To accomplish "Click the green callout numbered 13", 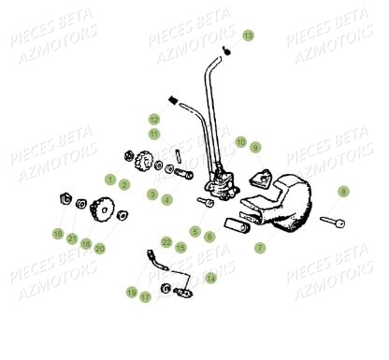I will (248, 36).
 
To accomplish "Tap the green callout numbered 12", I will (153, 120).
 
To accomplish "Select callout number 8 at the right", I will (343, 191).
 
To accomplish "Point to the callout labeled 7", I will (259, 249).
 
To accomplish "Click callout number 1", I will (109, 179).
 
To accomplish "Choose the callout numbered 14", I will (210, 278).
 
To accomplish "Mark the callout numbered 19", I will (131, 293).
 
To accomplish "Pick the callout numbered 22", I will (166, 242).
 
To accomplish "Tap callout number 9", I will (255, 147).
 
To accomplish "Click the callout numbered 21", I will (71, 238).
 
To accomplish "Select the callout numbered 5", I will (195, 231).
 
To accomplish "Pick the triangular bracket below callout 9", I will (265, 176).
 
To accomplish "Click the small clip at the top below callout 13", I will (227, 50).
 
